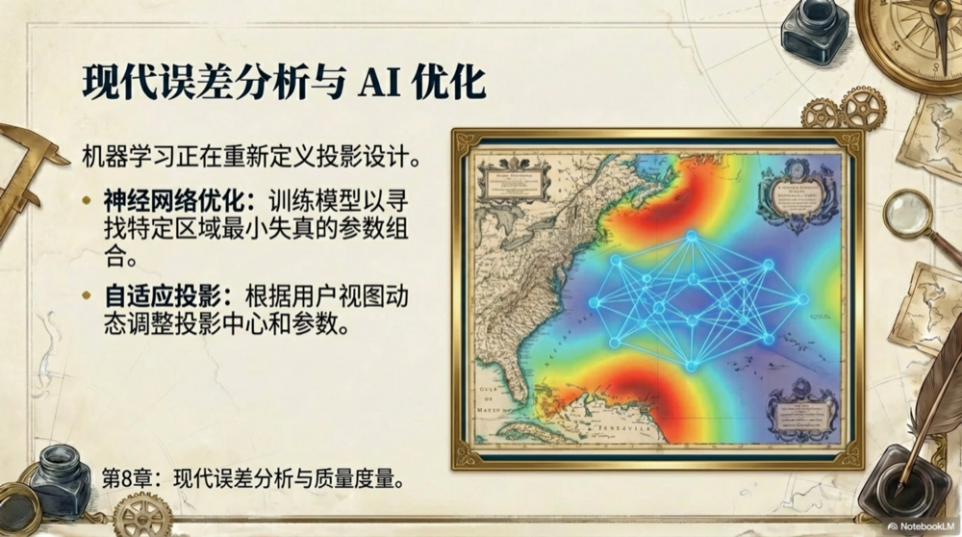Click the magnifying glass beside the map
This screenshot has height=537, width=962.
pyautogui.click(x=909, y=214)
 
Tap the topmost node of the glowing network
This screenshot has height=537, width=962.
pyautogui.click(x=691, y=236)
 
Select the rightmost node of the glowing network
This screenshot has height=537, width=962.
pyautogui.click(x=802, y=299)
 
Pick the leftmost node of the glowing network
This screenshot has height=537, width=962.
pyautogui.click(x=594, y=302)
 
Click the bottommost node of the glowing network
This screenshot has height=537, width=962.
pyautogui.click(x=691, y=366)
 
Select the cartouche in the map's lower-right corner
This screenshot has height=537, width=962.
pyautogui.click(x=801, y=410)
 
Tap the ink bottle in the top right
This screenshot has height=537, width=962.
pyautogui.click(x=814, y=31)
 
